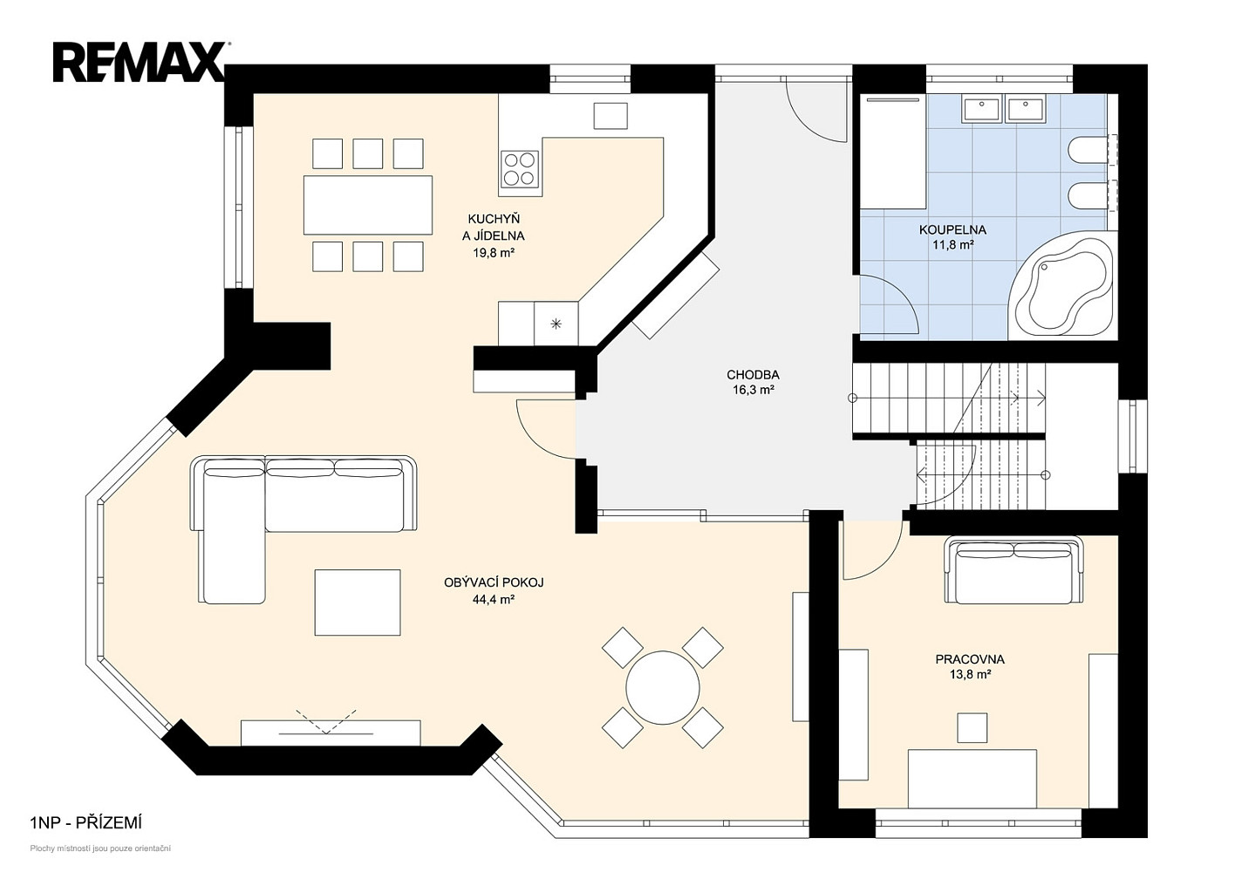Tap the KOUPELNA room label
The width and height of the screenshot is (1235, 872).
(x=952, y=230)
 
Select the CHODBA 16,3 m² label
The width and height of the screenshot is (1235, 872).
(x=753, y=383)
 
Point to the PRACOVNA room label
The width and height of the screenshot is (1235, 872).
(x=970, y=659)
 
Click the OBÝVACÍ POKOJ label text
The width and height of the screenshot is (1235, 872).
(x=494, y=582)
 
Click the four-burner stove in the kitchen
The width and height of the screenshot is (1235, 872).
(x=520, y=168)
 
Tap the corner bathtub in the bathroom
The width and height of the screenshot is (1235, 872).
(x=1061, y=287)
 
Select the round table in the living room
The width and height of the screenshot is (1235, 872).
(x=662, y=688)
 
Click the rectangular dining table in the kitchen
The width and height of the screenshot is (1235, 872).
(x=368, y=205)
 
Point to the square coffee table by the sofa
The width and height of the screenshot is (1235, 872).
(x=358, y=603)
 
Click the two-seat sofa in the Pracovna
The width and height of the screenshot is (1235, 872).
(x=1013, y=570)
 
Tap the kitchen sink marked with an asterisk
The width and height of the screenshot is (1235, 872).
(x=556, y=324)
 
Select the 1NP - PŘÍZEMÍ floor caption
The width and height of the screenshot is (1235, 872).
(x=86, y=823)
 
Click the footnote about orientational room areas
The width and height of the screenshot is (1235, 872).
(x=100, y=848)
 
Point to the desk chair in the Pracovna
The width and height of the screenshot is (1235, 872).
(x=972, y=727)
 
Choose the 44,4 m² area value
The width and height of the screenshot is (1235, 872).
(x=494, y=600)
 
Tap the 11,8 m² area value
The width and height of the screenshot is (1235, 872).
(x=952, y=245)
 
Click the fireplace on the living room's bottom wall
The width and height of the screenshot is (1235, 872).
(x=331, y=732)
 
